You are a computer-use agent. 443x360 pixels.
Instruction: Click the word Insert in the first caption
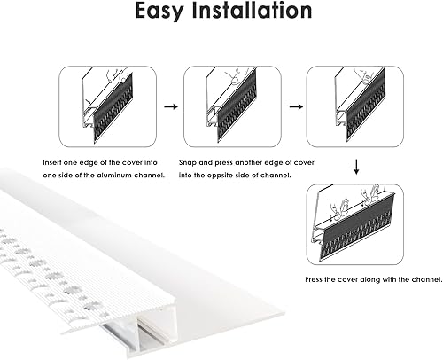click(55, 164)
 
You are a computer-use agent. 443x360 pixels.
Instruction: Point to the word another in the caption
click(246, 164)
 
